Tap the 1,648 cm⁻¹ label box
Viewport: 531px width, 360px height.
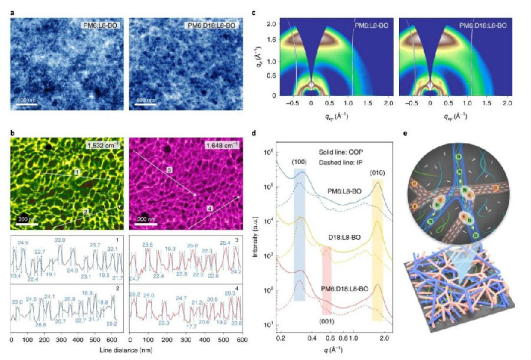(x=218, y=145)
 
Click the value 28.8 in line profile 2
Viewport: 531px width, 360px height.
(x=41, y=325)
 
